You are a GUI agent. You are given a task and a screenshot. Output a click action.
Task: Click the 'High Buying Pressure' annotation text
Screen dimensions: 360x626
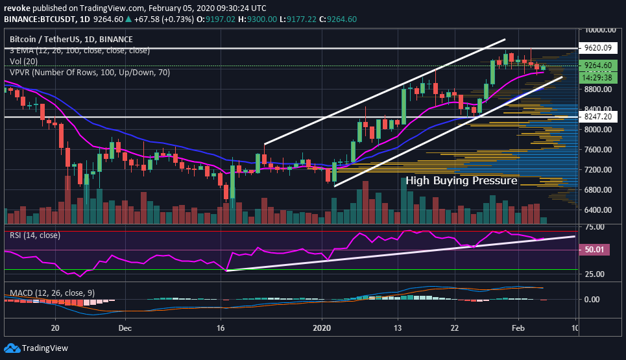coord(461,181)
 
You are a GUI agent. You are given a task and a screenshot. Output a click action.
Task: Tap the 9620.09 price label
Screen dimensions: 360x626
coord(598,47)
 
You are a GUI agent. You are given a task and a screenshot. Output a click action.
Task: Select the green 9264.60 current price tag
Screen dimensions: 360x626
coord(598,66)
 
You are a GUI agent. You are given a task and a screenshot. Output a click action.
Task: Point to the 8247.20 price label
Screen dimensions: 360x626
coord(598,117)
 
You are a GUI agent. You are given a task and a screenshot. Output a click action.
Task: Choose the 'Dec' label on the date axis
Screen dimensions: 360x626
coord(125,328)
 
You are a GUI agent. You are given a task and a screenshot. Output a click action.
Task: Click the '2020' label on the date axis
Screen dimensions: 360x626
coord(322,328)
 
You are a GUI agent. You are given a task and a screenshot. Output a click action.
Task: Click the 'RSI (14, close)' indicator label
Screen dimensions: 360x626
coord(35,235)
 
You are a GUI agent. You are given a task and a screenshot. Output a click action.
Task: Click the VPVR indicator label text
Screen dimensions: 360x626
coord(90,73)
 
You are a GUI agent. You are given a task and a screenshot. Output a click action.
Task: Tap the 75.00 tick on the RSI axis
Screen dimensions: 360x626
coord(594,227)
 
